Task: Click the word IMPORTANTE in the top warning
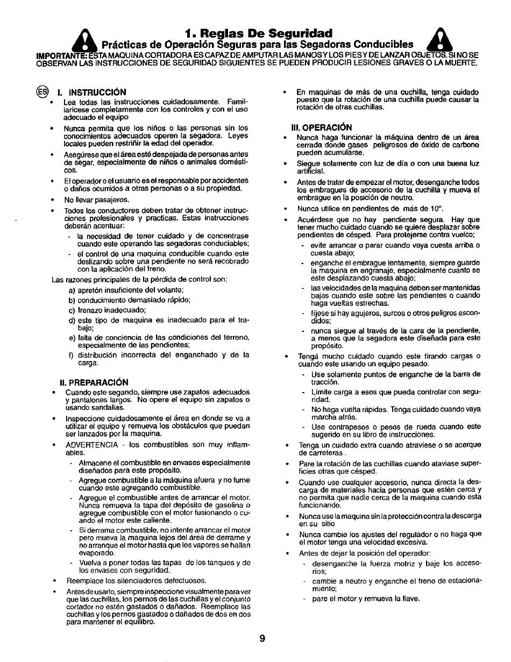pos(59,55)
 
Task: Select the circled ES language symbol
pos(42,91)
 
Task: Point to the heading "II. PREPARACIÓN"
pos(94,382)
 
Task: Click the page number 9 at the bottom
pos(261,638)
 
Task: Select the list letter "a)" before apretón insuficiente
pos(71,290)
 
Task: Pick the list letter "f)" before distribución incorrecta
pos(71,355)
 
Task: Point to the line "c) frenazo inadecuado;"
pos(107,310)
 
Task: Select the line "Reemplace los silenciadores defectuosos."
pos(136,581)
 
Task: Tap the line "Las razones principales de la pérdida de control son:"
pos(139,279)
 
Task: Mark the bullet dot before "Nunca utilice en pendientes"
pos(286,208)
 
